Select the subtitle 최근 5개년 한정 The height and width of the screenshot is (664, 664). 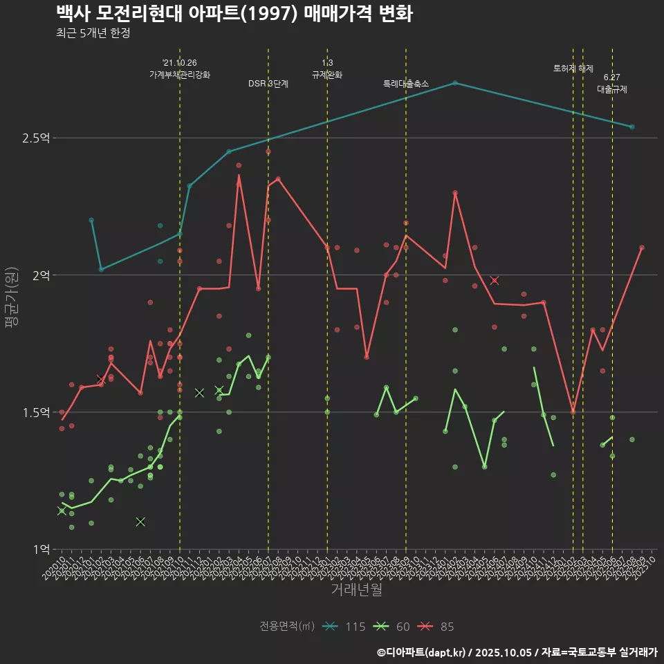pyautogui.click(x=93, y=33)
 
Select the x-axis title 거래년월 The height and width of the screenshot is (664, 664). pyautogui.click(x=356, y=590)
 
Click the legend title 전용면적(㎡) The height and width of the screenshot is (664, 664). pyautogui.click(x=287, y=627)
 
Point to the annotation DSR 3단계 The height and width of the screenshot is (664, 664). pyautogui.click(x=268, y=84)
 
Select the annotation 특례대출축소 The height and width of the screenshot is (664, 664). pyautogui.click(x=406, y=84)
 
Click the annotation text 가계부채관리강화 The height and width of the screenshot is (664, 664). pyautogui.click(x=180, y=75)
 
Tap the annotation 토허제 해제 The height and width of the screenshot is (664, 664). pyautogui.click(x=573, y=68)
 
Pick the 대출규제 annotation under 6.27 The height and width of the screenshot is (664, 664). pyautogui.click(x=612, y=90)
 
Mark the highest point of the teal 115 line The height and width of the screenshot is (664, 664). pyautogui.click(x=455, y=82)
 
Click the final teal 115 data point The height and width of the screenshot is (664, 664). pyautogui.click(x=632, y=127)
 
